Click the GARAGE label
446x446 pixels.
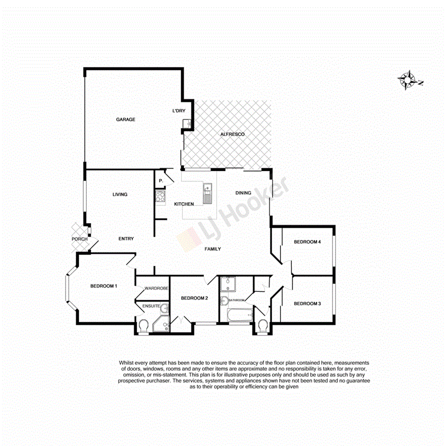125,119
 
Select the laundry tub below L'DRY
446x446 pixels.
186,123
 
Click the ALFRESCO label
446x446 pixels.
232,134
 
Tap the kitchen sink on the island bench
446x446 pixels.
207,190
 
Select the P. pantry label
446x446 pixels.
160,181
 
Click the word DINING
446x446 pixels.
243,193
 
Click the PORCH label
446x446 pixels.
80,239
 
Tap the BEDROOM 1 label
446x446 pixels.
104,286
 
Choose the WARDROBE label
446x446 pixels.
156,288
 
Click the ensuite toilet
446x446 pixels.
144,326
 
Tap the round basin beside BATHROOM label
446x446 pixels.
224,300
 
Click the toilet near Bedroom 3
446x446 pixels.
263,326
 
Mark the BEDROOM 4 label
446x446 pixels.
307,242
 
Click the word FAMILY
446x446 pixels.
213,249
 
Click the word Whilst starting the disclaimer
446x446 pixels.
127,363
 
